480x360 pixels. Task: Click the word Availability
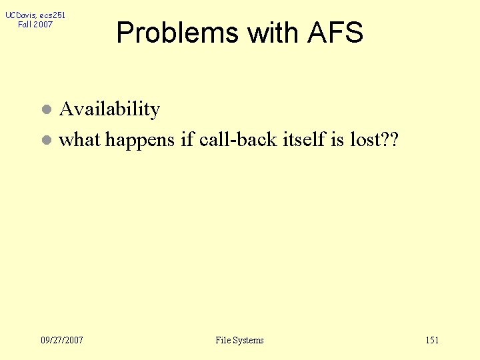(109, 109)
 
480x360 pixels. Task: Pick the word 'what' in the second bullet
(79, 140)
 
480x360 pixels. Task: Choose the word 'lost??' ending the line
(376, 139)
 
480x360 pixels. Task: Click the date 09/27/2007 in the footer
(62, 341)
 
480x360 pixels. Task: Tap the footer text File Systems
(239, 341)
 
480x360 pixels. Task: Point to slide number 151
(432, 341)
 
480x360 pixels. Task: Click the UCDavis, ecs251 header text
(35, 15)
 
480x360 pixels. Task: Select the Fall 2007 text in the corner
(35, 25)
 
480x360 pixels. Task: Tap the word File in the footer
(223, 341)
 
